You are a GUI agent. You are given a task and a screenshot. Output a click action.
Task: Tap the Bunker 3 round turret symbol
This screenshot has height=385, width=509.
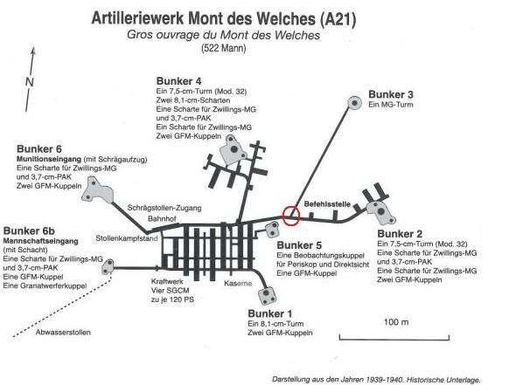click(355, 103)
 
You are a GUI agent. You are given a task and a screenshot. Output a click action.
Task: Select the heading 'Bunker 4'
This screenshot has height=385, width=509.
click(178, 81)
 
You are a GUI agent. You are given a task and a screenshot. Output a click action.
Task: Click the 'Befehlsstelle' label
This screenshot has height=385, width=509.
click(327, 203)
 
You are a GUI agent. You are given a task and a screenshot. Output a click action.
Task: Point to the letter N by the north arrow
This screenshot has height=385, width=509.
click(30, 82)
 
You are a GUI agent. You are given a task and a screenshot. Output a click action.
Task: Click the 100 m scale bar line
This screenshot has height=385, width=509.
click(394, 340)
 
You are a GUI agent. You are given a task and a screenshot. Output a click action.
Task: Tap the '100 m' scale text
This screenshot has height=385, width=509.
click(396, 322)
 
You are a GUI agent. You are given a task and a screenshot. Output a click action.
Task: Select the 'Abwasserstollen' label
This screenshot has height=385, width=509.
click(63, 332)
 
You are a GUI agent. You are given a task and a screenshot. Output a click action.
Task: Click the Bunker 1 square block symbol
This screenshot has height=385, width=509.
click(268, 295)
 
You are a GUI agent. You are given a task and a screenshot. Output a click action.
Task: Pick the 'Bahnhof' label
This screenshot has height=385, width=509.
click(162, 219)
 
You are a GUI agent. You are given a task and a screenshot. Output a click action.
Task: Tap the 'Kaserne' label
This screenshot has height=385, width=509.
click(238, 283)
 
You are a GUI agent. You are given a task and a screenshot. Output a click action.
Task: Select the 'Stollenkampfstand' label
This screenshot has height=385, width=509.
click(127, 238)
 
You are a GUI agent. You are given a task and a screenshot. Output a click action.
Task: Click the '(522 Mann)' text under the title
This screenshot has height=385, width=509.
click(224, 48)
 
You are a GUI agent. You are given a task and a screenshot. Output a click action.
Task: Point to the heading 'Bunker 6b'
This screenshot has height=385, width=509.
click(29, 231)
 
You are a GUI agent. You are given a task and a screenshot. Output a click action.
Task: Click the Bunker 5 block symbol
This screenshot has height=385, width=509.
click(272, 229)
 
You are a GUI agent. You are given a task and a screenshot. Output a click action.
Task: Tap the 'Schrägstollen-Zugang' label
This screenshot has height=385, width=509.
click(164, 208)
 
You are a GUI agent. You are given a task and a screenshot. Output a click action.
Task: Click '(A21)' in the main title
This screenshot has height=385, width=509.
click(338, 19)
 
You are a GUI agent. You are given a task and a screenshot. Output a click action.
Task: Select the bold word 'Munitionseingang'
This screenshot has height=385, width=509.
click(49, 159)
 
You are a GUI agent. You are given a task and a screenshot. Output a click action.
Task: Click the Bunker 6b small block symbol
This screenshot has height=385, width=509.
click(108, 267)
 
